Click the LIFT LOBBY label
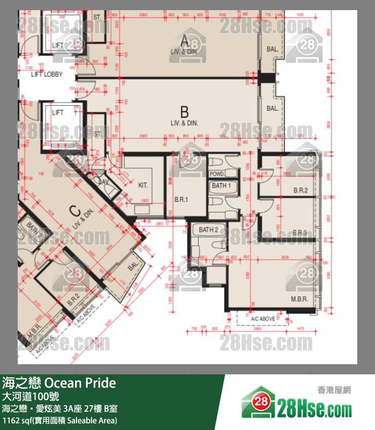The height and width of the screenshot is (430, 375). tap(47, 74)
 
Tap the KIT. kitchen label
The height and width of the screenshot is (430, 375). tap(143, 186)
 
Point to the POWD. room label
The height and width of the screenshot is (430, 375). tap(217, 174)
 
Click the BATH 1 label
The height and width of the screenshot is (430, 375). tap(221, 186)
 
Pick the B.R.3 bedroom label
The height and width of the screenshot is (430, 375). tap(301, 232)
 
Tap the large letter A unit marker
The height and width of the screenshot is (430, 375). tap(184, 40)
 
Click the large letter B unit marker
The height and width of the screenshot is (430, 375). tap(184, 111)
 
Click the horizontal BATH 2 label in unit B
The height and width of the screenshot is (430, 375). tap(208, 230)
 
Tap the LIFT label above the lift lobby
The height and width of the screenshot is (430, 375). tap(57, 45)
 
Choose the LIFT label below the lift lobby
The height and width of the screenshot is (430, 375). tap(57, 113)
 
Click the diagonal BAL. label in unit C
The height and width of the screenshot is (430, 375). tap(133, 266)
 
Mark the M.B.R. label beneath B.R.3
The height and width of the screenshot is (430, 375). tap(299, 299)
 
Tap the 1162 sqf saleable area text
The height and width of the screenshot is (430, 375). tap(60, 420)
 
